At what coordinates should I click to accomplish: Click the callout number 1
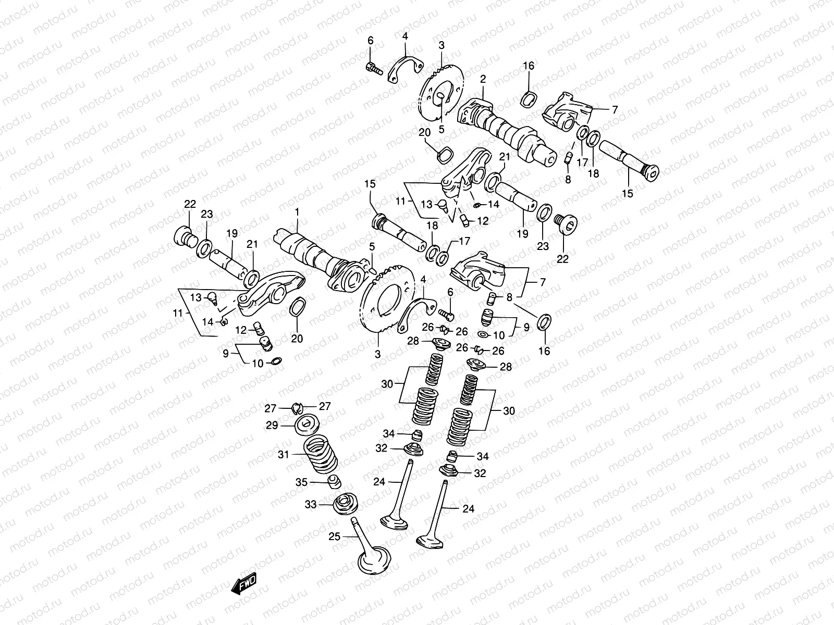(298, 213)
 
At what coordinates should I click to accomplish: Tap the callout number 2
(483, 79)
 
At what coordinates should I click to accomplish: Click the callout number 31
(283, 455)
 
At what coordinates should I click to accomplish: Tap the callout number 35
(302, 482)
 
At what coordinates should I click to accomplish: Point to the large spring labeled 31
(319, 452)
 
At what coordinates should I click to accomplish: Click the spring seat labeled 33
(345, 503)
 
